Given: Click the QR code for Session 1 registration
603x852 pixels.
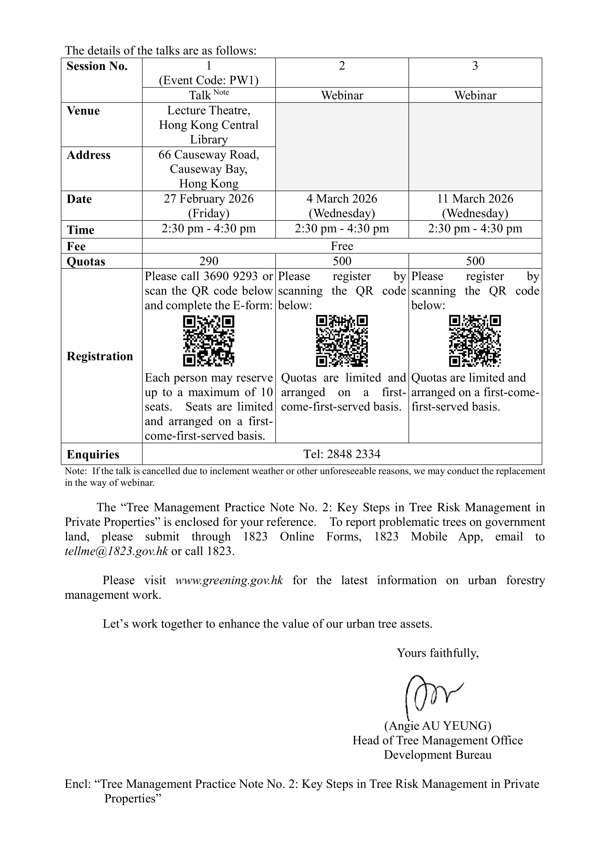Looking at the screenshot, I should tap(209, 341).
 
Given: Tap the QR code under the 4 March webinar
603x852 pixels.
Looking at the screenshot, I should tap(342, 341).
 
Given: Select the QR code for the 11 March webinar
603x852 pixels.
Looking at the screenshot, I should tap(475, 341).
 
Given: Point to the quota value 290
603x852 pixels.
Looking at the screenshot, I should tap(209, 261).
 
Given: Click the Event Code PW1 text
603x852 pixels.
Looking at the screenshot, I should tap(209, 80).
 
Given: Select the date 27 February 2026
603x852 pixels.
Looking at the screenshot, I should tap(209, 199).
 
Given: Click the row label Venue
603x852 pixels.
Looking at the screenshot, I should tap(83, 111).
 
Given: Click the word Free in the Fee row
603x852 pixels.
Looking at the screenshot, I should tap(342, 246).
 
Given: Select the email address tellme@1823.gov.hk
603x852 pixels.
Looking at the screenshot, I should tap(116, 551).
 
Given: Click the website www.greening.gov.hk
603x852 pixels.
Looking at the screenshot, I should tap(229, 580).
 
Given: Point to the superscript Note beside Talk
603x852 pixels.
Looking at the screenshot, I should tap(221, 93).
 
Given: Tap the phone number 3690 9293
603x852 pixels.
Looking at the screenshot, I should tap(230, 276).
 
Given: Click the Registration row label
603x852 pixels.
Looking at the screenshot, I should tap(100, 356).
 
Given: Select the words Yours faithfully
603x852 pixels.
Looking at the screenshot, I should tap(437, 653).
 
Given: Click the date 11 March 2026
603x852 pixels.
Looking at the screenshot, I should tap(475, 199).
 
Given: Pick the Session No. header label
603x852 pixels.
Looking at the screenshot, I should tap(97, 66).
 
